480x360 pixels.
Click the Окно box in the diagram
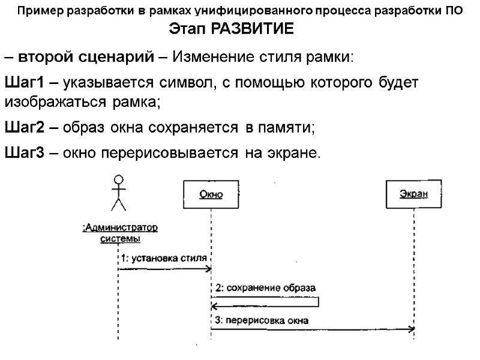tap(211, 194)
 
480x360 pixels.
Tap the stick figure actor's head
tap(119, 179)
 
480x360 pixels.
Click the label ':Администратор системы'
tap(120, 233)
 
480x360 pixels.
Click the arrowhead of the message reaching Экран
tap(411, 329)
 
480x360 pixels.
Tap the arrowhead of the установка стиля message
tap(206, 269)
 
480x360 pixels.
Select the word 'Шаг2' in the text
tap(23, 127)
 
